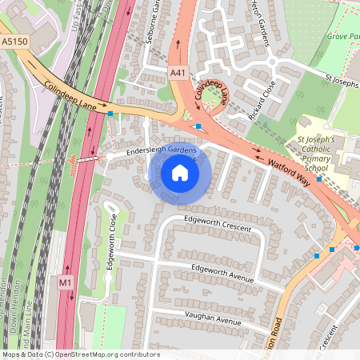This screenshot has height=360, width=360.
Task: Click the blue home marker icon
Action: click(180, 173)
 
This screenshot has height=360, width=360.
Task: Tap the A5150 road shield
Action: click(14, 40)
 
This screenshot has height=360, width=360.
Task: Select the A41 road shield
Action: click(178, 72)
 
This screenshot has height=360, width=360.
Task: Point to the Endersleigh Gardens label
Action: click(153, 150)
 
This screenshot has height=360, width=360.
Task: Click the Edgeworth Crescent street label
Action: click(217, 222)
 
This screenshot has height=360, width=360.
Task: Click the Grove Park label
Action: click(342, 36)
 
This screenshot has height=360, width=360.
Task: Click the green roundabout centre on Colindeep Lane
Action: click(213, 99)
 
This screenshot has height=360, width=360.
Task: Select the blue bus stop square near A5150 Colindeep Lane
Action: click(110, 114)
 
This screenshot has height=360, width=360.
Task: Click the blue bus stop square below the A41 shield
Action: click(198, 126)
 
